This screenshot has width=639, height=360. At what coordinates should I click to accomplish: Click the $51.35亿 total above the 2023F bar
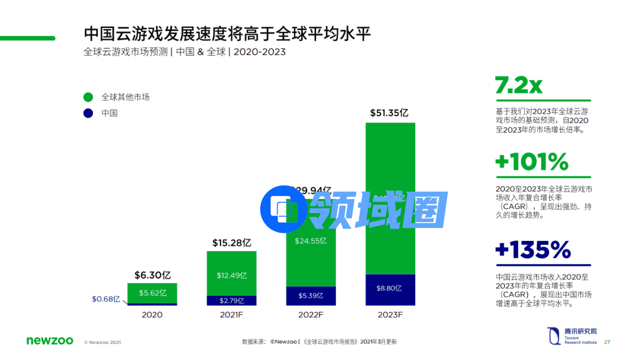390,112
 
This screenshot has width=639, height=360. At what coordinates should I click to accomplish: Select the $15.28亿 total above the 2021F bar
232,243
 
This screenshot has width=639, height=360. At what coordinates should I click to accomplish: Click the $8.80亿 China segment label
389,288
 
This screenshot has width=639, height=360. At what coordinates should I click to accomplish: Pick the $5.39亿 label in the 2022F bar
310,295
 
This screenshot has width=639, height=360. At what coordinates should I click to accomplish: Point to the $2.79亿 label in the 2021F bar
231,300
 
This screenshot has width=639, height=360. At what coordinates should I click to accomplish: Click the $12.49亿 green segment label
231,275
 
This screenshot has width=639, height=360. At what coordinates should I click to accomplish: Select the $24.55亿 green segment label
310,241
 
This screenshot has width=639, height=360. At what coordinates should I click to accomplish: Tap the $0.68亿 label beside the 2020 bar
106,299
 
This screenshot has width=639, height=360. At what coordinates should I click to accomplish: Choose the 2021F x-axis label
231,314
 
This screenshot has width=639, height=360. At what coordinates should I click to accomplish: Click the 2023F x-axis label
390,314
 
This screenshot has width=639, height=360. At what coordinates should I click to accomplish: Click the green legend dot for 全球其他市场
88,97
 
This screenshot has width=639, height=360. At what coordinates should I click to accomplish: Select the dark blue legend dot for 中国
88,112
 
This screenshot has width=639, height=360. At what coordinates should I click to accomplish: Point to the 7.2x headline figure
518,86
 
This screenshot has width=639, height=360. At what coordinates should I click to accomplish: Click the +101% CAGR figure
531,162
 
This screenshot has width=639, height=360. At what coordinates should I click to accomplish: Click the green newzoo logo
50,340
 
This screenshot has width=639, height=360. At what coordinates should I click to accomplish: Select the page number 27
606,342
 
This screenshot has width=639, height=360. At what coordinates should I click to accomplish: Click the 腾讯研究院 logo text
580,331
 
